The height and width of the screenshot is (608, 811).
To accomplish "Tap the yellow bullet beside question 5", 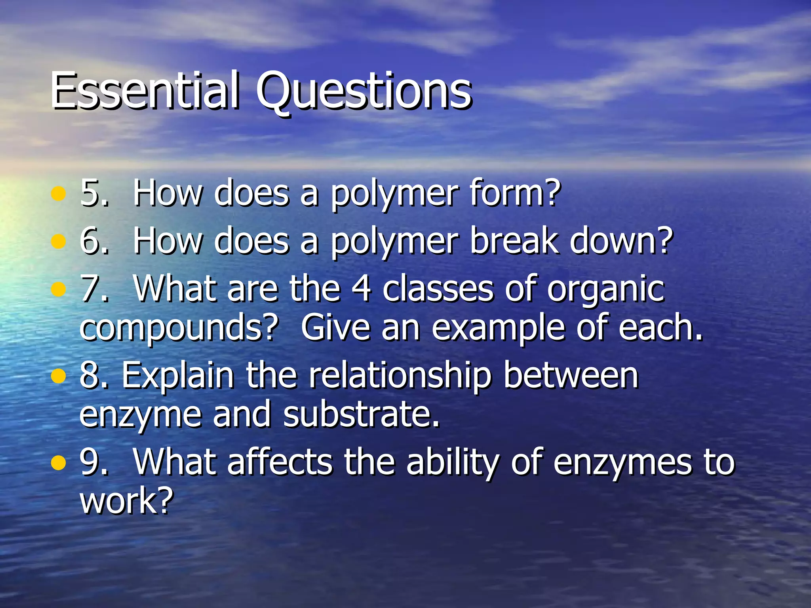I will coord(58,194).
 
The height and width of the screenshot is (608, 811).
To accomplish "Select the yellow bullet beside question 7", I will coord(58,289).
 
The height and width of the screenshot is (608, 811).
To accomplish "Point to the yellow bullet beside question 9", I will coord(58,463).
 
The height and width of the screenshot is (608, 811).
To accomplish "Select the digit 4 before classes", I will coord(361,289).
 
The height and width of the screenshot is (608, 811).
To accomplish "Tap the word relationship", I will coord(400,376).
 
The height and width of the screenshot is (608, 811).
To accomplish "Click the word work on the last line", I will coord(127,500).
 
